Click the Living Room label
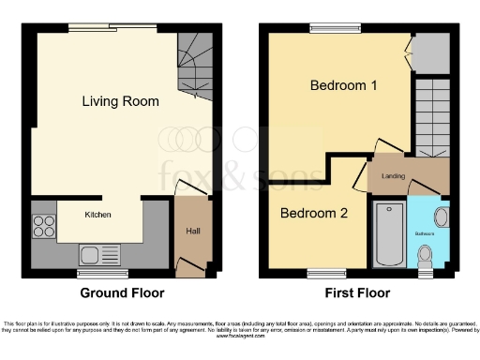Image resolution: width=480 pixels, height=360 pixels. [120, 101]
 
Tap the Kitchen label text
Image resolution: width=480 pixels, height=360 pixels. [98, 215]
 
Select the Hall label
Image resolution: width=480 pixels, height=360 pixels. [190, 231]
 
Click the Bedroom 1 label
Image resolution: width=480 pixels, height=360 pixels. [344, 86]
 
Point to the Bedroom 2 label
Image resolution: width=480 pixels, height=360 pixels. [315, 213]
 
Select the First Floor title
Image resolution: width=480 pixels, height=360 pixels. [353, 292]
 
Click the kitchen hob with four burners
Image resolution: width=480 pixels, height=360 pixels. [44, 226]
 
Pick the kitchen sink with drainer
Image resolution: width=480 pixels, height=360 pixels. [97, 253]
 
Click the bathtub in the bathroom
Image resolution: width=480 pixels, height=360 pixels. [387, 234]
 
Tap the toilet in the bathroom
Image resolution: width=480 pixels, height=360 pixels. [426, 253]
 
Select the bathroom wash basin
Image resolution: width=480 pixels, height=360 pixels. [442, 217]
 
